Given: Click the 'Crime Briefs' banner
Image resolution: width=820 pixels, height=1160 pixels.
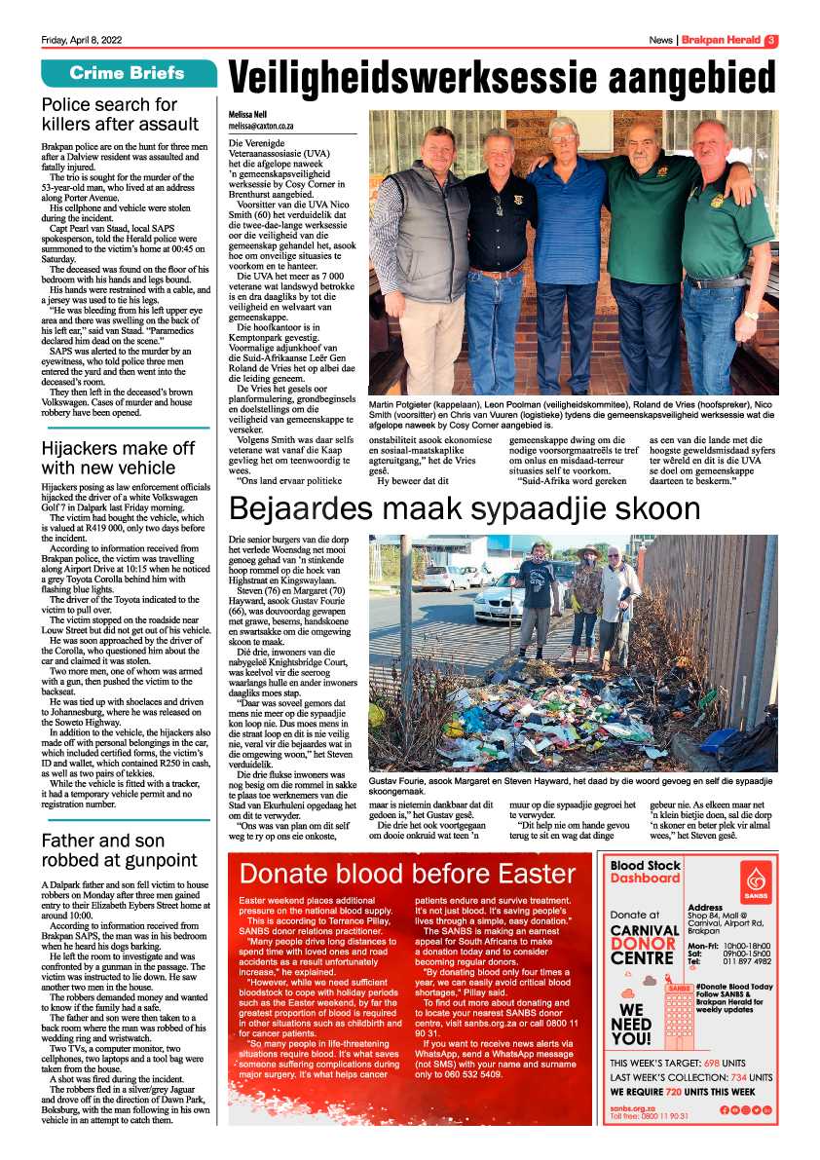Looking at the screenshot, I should (x=127, y=74).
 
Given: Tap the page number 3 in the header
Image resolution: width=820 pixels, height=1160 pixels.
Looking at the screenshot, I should (x=770, y=40).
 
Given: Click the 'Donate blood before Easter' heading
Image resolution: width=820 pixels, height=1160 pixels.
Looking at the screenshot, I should (x=407, y=873).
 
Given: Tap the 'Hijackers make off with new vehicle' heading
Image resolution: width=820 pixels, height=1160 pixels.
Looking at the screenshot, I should (x=118, y=458).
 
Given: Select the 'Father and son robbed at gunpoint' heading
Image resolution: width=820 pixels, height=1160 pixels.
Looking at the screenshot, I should (x=119, y=849).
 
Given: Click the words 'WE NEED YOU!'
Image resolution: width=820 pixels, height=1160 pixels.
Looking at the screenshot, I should (x=631, y=1024).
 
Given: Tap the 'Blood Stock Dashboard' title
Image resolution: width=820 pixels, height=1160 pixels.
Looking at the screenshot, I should (x=645, y=872).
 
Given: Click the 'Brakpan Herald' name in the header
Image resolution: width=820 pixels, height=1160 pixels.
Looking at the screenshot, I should (x=720, y=40).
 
